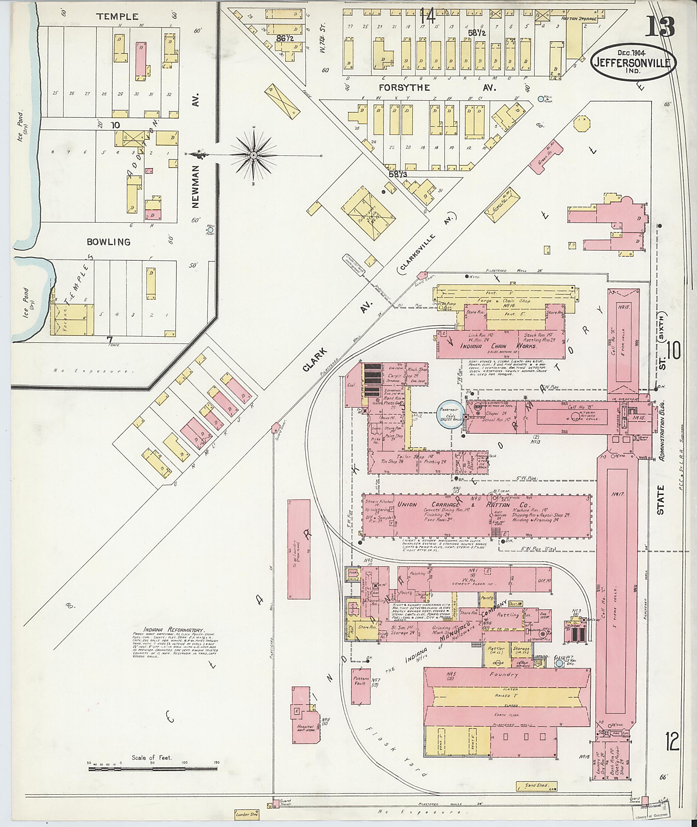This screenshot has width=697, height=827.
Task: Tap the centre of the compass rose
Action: coord(253,155)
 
